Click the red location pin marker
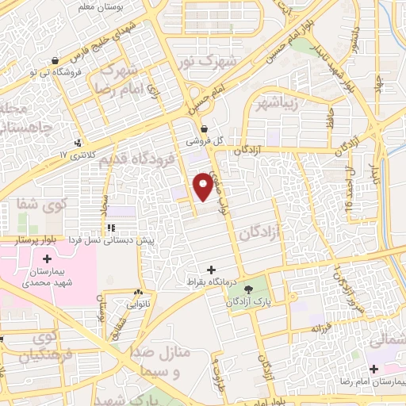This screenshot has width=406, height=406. coord(203,185)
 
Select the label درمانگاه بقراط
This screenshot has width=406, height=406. coord(211,282)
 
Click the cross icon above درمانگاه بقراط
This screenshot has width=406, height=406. coord(211,270)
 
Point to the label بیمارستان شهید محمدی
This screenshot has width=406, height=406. coord(48,277)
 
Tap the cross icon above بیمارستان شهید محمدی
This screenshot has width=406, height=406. coord(47,259)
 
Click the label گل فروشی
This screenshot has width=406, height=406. coord(205,140)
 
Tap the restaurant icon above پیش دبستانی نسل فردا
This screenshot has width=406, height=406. coord(122,228)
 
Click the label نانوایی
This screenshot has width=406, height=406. coord(138,304)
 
